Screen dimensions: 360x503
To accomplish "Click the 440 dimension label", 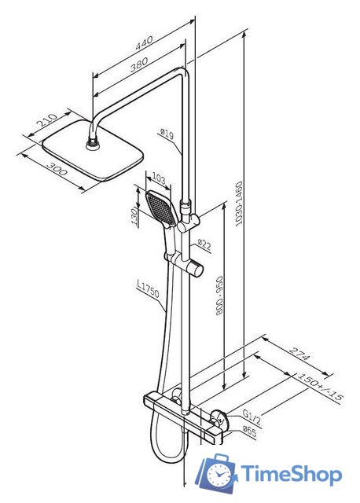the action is [143, 44].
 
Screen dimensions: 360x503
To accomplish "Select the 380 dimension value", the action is [139, 65].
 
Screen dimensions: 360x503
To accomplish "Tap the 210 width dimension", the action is [46, 122].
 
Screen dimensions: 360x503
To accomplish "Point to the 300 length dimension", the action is [57, 169].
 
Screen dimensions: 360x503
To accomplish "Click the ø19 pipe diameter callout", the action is [167, 134].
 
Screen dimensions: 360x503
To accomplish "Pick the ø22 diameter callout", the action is [204, 244].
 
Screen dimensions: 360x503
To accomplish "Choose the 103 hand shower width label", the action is [158, 178].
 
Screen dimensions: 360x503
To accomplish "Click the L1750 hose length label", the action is [148, 288].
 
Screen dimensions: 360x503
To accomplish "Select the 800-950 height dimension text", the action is [219, 296].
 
